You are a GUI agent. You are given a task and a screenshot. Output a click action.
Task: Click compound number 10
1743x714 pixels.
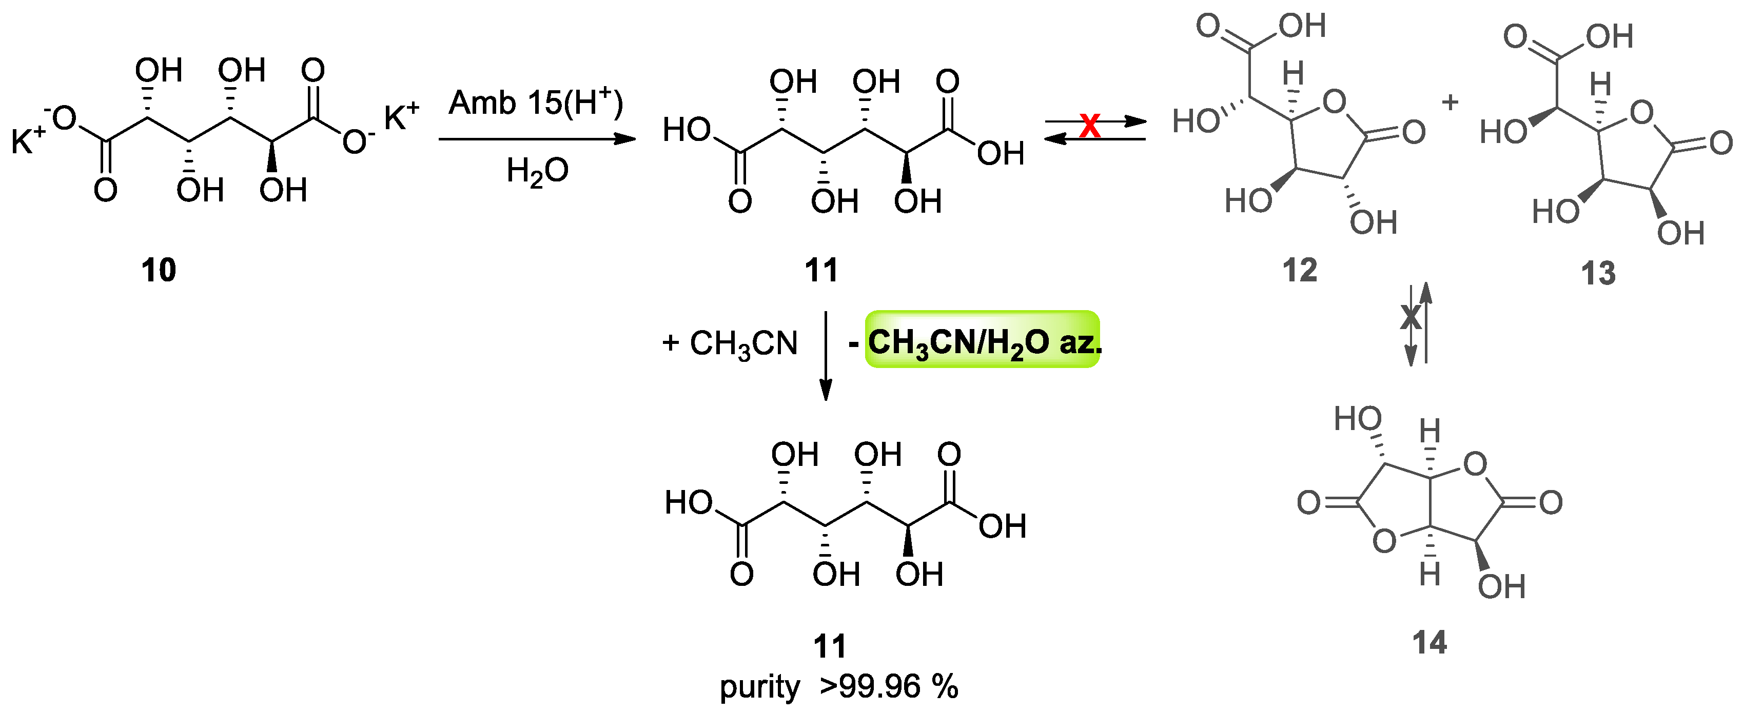click(x=159, y=271)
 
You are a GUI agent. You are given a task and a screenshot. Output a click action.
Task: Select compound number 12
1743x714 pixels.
click(x=1300, y=271)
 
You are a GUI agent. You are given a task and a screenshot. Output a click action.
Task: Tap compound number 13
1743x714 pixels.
click(x=1598, y=274)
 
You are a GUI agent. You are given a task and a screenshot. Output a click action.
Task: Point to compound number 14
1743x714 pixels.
click(x=1429, y=642)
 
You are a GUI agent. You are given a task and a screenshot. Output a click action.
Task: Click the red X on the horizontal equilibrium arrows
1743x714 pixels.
click(x=1090, y=126)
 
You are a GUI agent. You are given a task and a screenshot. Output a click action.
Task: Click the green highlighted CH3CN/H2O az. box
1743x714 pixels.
click(x=983, y=340)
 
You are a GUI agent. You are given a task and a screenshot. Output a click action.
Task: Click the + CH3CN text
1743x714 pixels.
click(x=730, y=343)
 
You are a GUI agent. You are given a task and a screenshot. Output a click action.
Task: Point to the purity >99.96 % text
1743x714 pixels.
click(x=839, y=687)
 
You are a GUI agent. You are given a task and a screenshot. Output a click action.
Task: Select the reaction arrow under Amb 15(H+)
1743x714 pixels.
click(x=537, y=139)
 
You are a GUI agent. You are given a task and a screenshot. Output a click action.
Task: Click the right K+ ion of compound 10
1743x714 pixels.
click(x=401, y=116)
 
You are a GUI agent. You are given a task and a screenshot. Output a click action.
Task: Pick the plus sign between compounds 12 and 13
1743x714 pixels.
click(x=1450, y=103)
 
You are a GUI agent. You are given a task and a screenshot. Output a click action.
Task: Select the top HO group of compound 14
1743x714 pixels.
click(x=1357, y=419)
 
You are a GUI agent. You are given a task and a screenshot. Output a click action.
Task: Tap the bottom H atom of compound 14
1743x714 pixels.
click(x=1429, y=575)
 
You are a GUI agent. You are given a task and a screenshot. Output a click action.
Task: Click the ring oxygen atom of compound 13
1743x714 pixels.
click(x=1641, y=113)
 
